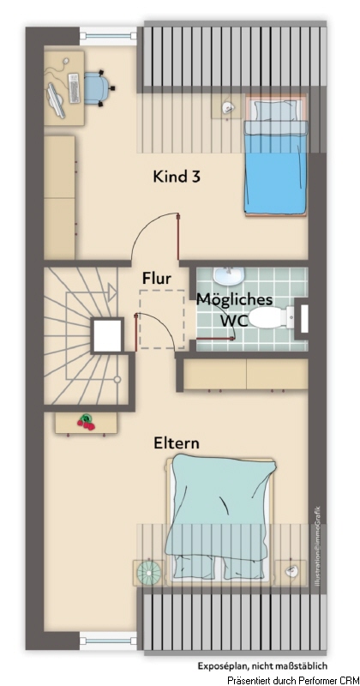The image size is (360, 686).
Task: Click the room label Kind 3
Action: (x=177, y=177)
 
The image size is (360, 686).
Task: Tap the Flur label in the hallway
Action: (x=157, y=279)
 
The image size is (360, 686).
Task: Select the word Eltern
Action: (x=177, y=443)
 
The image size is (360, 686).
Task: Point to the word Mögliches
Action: (x=235, y=299)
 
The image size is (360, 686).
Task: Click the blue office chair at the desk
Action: (x=93, y=87)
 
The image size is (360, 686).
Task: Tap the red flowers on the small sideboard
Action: (x=86, y=421)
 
